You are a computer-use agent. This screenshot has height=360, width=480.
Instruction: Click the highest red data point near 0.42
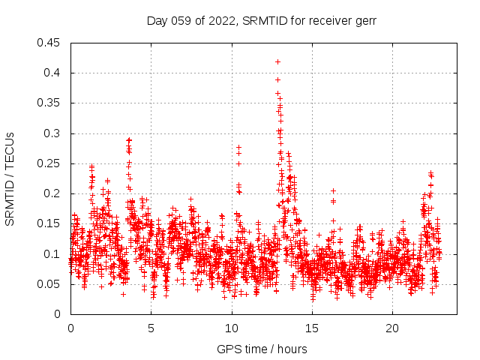point(277,61)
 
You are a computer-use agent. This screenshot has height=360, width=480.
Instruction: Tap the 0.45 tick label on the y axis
point(50,43)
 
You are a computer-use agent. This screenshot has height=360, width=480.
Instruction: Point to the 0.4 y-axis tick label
point(53,73)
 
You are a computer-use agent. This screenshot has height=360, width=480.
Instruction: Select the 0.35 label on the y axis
point(50,103)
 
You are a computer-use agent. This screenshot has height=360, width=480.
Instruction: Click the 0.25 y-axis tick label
point(50,163)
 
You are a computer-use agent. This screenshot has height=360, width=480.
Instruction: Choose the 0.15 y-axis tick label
point(50,223)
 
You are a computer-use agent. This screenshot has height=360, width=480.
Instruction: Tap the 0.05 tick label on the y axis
point(50,283)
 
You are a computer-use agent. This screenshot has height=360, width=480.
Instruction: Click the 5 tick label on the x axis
point(151,328)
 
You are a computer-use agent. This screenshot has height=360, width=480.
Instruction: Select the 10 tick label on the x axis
point(232,328)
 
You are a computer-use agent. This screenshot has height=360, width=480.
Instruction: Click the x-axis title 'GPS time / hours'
point(262,349)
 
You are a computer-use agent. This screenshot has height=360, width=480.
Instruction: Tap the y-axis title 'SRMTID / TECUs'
point(10,178)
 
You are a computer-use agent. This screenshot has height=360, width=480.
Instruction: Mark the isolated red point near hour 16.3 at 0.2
point(333,190)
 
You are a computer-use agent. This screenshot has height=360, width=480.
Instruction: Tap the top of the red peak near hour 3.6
point(129,139)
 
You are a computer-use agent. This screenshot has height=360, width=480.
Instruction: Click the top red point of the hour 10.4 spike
point(238,148)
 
